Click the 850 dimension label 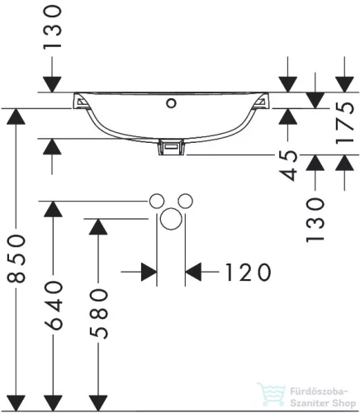coord(16,259)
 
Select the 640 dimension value coord(53,306)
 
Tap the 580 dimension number coord(98,314)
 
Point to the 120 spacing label coord(248,272)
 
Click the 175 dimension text coord(345,123)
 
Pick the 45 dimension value coord(288,166)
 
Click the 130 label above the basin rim coord(52,27)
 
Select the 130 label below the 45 coord(315,220)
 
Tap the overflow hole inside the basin coord(171,103)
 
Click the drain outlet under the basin coord(171,147)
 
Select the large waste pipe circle coord(171,219)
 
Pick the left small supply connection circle coord(157,201)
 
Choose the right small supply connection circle coord(185,201)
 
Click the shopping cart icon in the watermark coord(271,394)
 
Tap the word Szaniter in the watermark coord(310,403)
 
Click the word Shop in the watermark coord(343,404)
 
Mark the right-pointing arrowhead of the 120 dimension coord(149,272)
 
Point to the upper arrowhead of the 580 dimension coord(98,227)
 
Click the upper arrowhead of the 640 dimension coord(53,209)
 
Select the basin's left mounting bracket coord(80,102)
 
